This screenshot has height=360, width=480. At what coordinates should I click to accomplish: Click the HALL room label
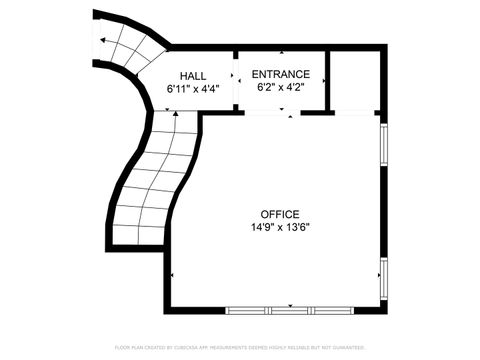tap(193, 76)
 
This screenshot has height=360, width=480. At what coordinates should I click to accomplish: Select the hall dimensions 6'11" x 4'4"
tap(193, 89)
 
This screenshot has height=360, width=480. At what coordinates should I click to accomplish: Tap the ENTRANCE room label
tap(280, 74)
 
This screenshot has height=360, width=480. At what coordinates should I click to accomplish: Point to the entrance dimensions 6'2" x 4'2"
tap(280, 87)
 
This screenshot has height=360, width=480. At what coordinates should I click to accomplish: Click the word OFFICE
tap(280, 214)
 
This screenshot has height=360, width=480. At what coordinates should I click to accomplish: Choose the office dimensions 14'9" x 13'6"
tap(280, 227)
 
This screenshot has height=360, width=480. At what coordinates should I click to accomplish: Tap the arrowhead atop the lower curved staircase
tap(176, 114)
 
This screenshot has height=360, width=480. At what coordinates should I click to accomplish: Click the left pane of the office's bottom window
tap(248, 308)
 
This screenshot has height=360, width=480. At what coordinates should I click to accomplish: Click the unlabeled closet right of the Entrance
tap(354, 79)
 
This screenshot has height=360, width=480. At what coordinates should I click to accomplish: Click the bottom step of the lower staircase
tap(137, 236)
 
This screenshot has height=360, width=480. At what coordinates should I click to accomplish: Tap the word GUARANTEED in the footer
tap(352, 347)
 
